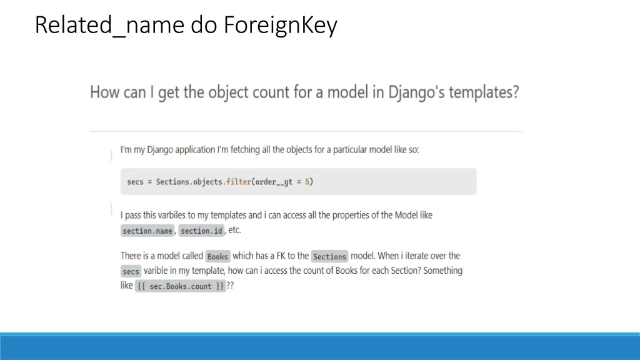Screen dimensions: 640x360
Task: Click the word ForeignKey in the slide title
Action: point(281,25)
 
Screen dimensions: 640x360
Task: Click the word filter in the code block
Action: point(239,182)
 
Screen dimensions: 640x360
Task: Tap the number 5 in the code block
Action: point(307,182)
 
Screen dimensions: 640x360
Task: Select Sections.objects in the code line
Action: point(190,182)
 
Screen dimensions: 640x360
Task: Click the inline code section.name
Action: point(147,231)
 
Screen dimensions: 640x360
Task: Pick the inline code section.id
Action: point(201,231)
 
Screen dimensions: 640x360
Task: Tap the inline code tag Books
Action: point(217,256)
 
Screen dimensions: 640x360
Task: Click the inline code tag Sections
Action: point(329,256)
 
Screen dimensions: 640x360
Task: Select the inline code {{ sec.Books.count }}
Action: point(181,286)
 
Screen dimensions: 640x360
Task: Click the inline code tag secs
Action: point(131,271)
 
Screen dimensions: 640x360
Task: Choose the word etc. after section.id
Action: point(234,230)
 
